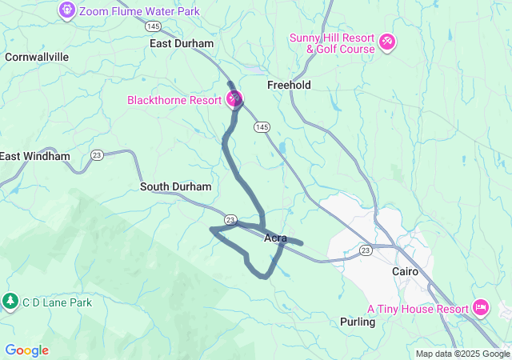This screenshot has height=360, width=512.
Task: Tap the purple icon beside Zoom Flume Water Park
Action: [67, 10]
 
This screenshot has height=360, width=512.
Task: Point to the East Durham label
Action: [182, 43]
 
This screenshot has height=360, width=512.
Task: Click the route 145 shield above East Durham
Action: [154, 26]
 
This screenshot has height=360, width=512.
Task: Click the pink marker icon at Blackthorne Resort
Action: [234, 99]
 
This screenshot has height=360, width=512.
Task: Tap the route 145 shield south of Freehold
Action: [262, 127]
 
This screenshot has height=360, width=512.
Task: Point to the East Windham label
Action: [34, 156]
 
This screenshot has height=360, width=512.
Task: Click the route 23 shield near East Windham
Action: [97, 154]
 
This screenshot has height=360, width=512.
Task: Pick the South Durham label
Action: [176, 186]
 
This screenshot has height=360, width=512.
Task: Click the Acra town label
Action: [275, 238]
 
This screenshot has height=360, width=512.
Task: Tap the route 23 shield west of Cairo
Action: [366, 250]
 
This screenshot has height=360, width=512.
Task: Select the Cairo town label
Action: [406, 271]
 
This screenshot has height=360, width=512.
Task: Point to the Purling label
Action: [358, 322]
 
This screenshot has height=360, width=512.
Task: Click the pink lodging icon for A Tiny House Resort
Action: [481, 306]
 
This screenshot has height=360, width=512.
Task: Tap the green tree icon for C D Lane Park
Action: [10, 302]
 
